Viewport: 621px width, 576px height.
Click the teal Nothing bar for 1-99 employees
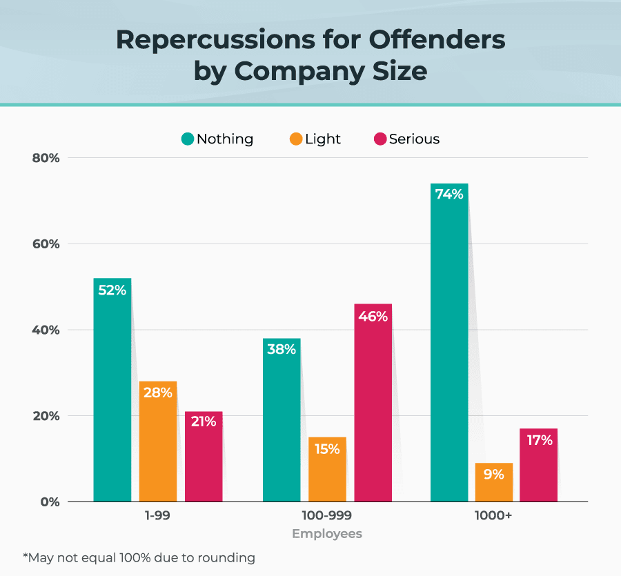coord(112,390)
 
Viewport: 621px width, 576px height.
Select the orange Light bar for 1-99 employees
coord(158,441)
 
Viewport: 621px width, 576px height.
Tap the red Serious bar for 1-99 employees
coord(204,457)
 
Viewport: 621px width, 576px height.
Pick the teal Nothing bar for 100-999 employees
coord(282,420)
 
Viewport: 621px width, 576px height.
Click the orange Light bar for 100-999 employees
coord(327,470)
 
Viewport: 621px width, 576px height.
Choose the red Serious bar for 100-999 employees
coord(373,403)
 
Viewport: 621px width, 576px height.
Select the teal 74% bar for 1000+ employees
coord(449,343)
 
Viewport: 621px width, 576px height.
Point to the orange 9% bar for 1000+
coord(494,482)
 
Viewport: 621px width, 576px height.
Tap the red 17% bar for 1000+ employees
coord(538,465)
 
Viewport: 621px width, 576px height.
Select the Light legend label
coord(323,139)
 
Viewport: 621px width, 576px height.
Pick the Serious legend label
coord(414,139)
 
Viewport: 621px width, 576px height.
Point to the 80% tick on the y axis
coord(46,158)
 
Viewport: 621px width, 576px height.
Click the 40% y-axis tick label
coord(46,330)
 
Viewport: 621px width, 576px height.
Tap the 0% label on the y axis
coord(50,501)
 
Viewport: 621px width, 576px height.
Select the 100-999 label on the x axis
coord(326,515)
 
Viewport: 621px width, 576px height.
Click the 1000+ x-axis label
coord(493,515)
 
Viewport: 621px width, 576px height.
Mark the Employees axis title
coord(327,534)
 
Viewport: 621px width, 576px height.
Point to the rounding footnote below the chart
coord(139,557)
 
